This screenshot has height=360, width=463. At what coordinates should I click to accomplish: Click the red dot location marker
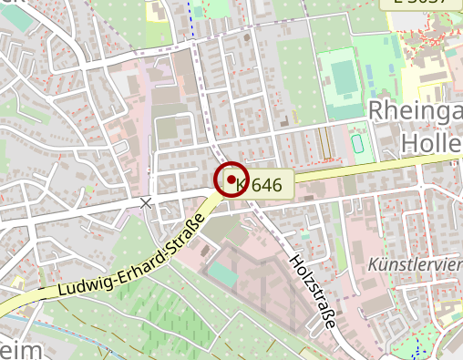pos(231,179)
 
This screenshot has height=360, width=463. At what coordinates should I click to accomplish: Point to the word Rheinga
pos(415,113)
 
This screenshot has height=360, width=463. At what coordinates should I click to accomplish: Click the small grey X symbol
pos(146,201)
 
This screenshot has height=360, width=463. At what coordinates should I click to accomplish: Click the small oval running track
pos(358,144)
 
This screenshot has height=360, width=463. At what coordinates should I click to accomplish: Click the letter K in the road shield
pos(241,185)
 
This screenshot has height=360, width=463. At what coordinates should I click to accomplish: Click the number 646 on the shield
pos(266,185)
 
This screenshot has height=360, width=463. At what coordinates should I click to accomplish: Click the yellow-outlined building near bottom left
pos(16,282)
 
